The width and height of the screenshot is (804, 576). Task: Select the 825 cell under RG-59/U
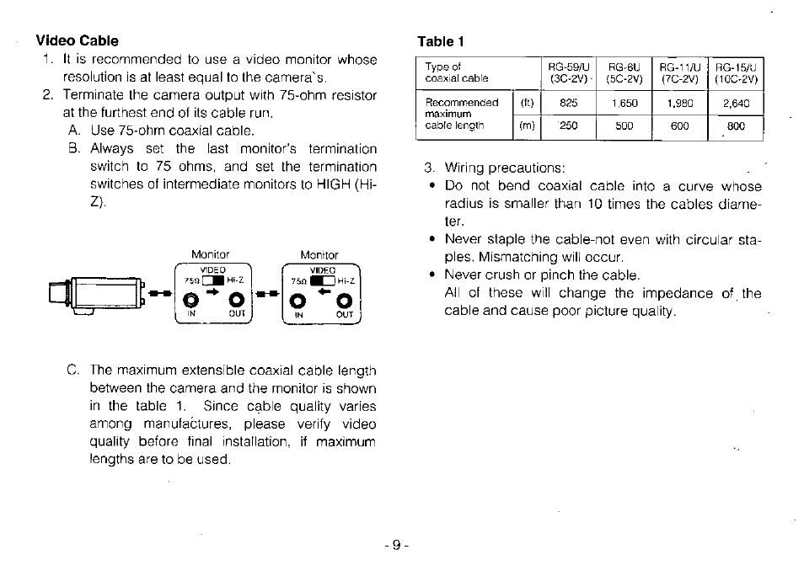pos(568,104)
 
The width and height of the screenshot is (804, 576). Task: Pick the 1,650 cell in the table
pos(624,104)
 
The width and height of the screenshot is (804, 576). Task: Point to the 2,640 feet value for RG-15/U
pos(736,104)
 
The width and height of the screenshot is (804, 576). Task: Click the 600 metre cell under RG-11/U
pos(679,125)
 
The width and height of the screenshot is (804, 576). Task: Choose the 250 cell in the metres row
pos(569,125)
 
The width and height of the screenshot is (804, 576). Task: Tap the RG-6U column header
pos(624,67)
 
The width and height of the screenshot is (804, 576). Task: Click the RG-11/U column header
pos(679,67)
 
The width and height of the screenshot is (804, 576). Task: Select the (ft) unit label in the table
pos(528,104)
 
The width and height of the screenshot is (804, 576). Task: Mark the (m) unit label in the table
pos(528,125)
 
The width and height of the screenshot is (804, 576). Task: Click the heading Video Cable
pos(77,40)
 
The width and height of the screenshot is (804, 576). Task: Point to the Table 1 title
pos(441,41)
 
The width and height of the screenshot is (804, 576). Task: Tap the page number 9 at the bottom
pos(395,544)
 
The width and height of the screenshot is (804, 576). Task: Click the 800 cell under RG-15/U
pos(736,126)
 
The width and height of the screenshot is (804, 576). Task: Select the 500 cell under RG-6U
pos(624,125)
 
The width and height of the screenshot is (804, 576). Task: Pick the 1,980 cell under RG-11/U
pos(679,104)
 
